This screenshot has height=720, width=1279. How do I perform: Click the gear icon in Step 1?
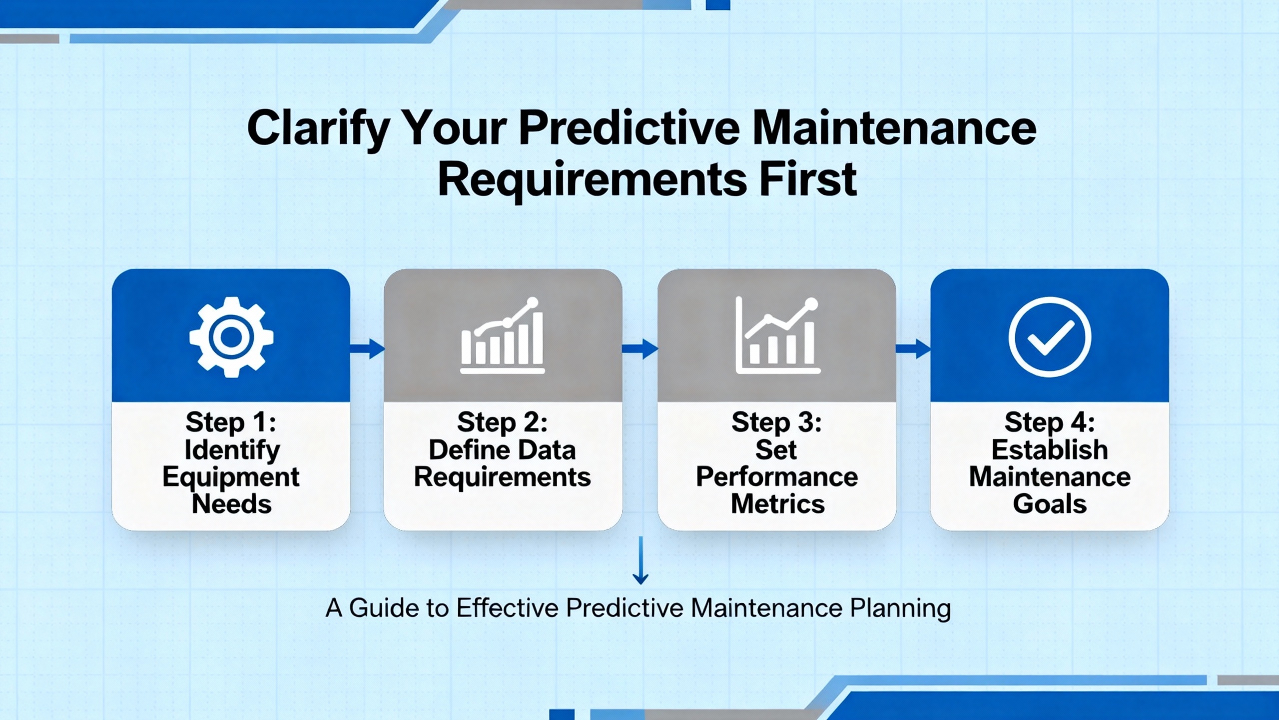231,337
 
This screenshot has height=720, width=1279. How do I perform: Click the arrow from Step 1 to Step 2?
367,348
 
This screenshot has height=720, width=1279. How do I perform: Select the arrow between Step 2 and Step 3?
640,348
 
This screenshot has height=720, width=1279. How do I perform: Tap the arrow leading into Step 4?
913,348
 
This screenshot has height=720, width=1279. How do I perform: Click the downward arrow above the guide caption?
640,560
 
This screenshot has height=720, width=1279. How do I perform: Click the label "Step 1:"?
231,422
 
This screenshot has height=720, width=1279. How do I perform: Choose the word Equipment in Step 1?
231,477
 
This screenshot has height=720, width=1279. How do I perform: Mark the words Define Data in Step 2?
502,449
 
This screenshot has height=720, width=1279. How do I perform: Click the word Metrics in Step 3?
778,503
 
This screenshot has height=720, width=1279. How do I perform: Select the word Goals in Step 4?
1050,503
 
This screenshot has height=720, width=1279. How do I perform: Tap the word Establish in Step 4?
1050,449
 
